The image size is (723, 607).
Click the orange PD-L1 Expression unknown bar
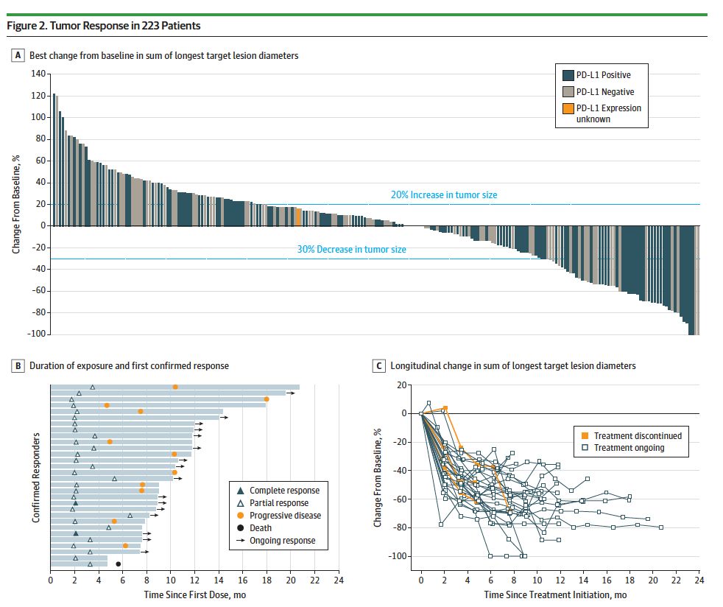pyautogui.click(x=297, y=217)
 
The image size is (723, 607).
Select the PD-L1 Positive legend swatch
pyautogui.click(x=568, y=75)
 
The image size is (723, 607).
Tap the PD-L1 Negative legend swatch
pyautogui.click(x=568, y=92)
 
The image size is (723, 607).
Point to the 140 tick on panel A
pyautogui.click(x=38, y=74)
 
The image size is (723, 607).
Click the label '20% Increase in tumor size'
pyautogui.click(x=444, y=195)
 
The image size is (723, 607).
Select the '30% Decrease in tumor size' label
pyautogui.click(x=351, y=250)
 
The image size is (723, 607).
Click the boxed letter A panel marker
pyautogui.click(x=17, y=55)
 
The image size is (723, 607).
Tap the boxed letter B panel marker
pyautogui.click(x=17, y=365)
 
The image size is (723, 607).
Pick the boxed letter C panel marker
pyautogui.click(x=378, y=365)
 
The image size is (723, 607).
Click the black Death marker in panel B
pyautogui.click(x=119, y=564)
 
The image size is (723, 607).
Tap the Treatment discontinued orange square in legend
pyautogui.click(x=584, y=435)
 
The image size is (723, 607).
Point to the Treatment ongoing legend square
pyautogui.click(x=584, y=448)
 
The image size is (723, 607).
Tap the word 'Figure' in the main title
pyautogui.click(x=20, y=26)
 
